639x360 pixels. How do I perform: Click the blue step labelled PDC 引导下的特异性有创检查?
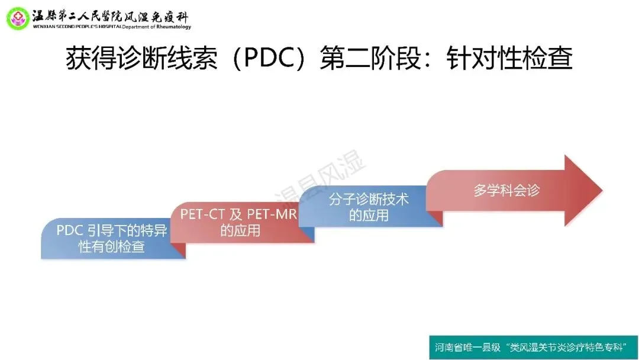pos(112,239)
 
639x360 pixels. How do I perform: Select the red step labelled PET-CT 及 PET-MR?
pos(239,222)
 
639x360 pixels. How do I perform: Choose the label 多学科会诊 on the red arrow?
pos(506,191)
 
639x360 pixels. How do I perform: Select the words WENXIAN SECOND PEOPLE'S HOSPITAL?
pos(78,27)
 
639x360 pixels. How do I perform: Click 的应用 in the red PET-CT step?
pos(240,230)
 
